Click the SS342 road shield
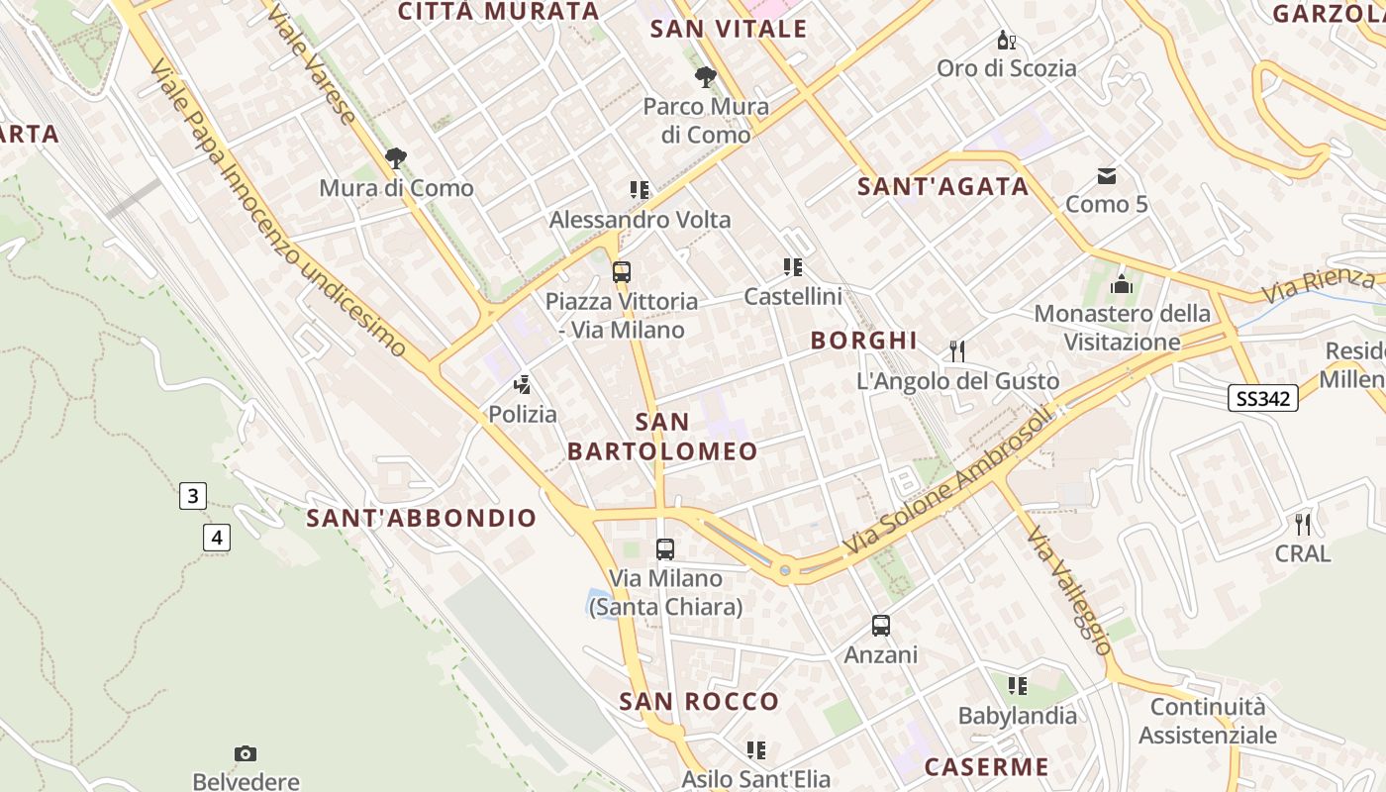point(1262,398)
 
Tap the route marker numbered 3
point(193,496)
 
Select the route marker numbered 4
point(217,538)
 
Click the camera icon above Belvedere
point(246,754)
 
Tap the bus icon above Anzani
point(881,626)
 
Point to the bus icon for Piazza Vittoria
point(622,272)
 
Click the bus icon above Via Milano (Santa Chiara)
point(665,548)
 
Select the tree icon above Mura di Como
point(396,158)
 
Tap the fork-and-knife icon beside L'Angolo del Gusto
point(956,350)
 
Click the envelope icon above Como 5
point(1107,176)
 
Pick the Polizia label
point(523,414)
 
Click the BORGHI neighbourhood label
point(863,341)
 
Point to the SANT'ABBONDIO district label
point(421,518)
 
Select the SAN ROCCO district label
point(699,702)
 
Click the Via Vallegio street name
point(1069,590)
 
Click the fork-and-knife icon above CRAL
point(1303,524)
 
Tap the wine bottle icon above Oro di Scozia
point(1006,41)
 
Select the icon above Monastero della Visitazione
point(1122,284)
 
